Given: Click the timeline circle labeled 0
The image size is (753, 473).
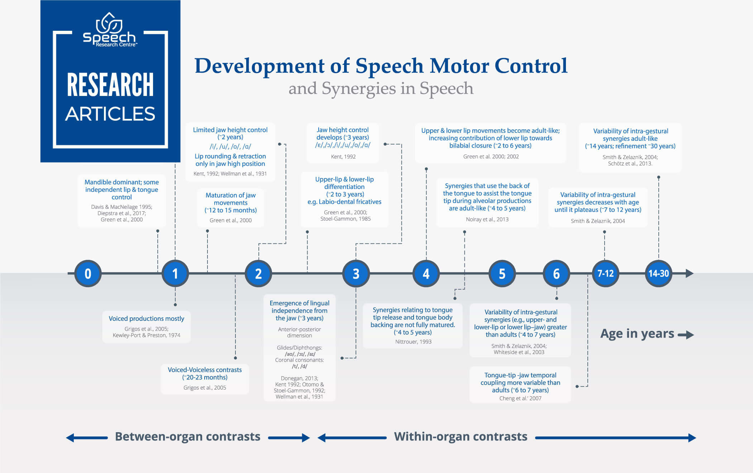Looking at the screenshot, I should point(88,274).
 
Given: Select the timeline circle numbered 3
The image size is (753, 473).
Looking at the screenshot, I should point(356,274).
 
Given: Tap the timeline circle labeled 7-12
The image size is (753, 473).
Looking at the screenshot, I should point(605,274).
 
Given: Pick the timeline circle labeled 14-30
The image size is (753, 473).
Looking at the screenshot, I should point(658,274).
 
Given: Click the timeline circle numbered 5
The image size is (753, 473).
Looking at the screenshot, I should point(502,274).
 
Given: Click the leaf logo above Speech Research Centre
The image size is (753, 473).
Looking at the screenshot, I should point(109,23).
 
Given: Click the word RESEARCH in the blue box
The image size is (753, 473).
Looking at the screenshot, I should point(110,85).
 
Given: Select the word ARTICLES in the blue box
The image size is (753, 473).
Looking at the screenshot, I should point(110,114).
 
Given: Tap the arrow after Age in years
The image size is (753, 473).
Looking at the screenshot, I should point(686,335).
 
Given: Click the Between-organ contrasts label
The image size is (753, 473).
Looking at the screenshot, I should point(187,436).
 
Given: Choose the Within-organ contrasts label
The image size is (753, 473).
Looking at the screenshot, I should point(461,436).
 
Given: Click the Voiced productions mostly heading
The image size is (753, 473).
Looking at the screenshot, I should point(146,319).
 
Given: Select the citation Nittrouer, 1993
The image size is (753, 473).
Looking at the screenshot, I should point(413,342).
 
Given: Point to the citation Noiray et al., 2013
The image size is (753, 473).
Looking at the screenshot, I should point(487,219).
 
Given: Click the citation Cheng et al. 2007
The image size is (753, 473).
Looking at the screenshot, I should point(520,398).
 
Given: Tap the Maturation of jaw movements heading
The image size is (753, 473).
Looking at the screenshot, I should point(230,203).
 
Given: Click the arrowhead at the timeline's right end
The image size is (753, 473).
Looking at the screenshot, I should point(690,274).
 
